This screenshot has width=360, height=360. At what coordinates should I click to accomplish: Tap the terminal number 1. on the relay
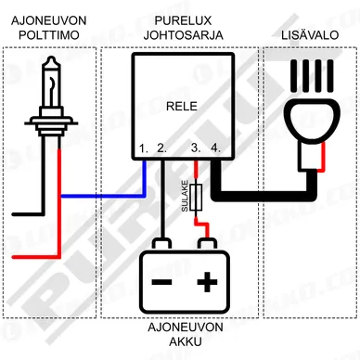pyautogui.click(x=144, y=148)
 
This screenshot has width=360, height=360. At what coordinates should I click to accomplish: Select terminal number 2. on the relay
pyautogui.click(x=161, y=148)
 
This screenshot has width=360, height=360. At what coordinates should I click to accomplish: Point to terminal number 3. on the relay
pyautogui.click(x=195, y=148)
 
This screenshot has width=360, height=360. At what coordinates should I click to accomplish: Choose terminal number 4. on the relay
pyautogui.click(x=215, y=148)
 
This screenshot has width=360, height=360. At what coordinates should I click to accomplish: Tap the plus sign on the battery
pyautogui.click(x=208, y=279)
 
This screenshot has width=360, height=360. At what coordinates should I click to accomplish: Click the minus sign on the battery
pyautogui.click(x=161, y=279)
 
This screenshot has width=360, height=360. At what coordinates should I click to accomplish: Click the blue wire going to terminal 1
pyautogui.click(x=102, y=196)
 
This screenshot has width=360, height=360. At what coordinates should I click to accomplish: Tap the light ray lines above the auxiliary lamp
pyautogui.click(x=308, y=74)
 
